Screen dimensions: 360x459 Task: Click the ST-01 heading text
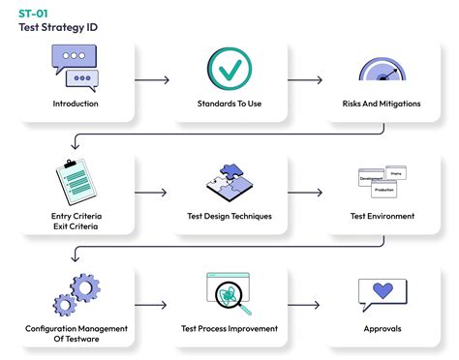(x=33, y=13)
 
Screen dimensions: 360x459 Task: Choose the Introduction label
(x=76, y=104)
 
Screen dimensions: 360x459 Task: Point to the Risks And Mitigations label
(x=382, y=104)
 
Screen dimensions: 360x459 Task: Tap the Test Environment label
(x=382, y=216)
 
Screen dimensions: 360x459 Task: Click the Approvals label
(x=382, y=328)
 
